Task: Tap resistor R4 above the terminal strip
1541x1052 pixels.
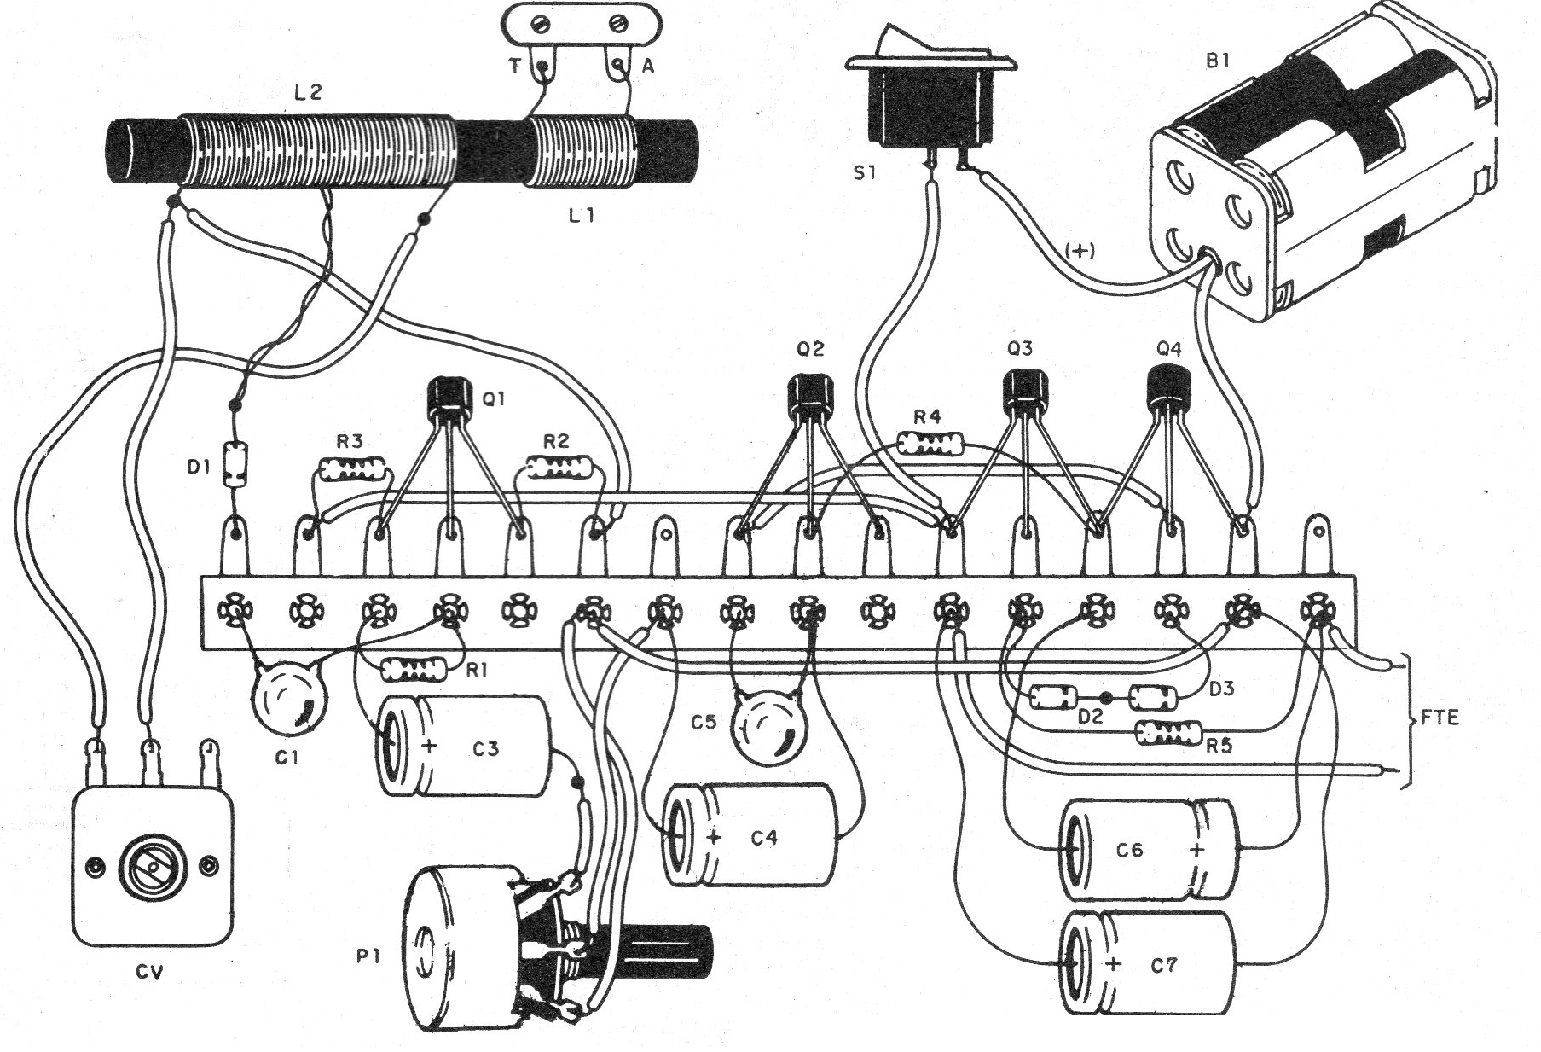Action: [930, 444]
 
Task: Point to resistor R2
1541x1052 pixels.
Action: [559, 467]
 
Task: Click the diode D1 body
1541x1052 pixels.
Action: [232, 464]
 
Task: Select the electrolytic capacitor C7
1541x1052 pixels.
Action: [1147, 962]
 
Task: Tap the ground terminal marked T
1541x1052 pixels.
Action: [542, 63]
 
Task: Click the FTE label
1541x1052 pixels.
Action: [1440, 718]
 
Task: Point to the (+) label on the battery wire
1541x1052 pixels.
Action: [1080, 250]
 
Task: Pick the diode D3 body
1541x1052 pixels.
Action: [1153, 698]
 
